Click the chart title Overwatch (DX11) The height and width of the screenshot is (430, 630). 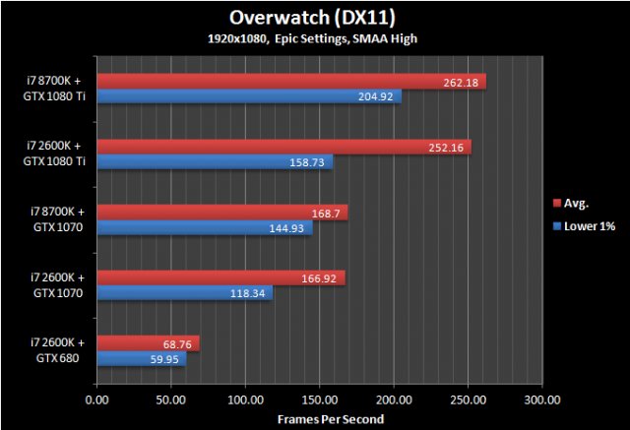(x=315, y=18)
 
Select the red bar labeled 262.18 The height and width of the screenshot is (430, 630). (x=291, y=82)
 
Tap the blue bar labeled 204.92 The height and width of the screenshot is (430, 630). (x=249, y=96)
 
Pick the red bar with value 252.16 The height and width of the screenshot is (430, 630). (x=284, y=148)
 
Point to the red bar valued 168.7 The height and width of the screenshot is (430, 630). (x=222, y=213)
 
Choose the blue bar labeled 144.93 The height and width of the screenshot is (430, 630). (x=205, y=228)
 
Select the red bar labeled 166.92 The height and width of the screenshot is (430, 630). (x=221, y=278)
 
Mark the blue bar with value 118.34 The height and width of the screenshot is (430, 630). (x=185, y=293)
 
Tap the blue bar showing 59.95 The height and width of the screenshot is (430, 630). (x=142, y=359)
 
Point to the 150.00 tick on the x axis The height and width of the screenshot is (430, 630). (x=319, y=400)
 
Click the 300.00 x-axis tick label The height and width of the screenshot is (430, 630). (x=541, y=400)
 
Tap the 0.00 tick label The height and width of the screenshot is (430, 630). (x=96, y=400)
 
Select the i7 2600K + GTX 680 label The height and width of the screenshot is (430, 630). (x=57, y=350)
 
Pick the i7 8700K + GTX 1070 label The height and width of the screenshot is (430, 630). (x=57, y=219)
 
